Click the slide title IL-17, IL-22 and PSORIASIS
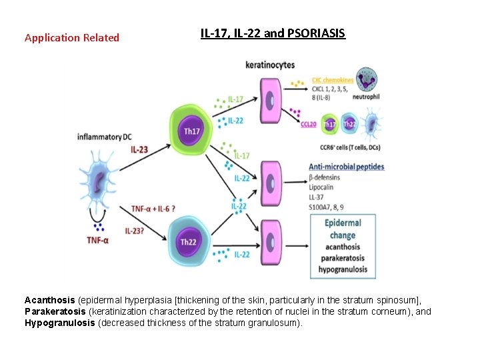pyautogui.click(x=273, y=33)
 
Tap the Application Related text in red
pyautogui.click(x=71, y=38)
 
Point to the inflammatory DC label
pyautogui.click(x=104, y=137)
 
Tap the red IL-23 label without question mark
pyautogui.click(x=139, y=150)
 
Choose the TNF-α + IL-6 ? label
pyautogui.click(x=153, y=209)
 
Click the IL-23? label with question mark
pyautogui.click(x=137, y=231)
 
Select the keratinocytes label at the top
pyautogui.click(x=270, y=65)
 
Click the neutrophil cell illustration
pyautogui.click(x=365, y=79)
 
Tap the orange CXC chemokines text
pyautogui.click(x=333, y=81)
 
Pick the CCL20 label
pyautogui.click(x=309, y=124)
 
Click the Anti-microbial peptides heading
pyautogui.click(x=347, y=166)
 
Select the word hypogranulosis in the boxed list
pyautogui.click(x=343, y=269)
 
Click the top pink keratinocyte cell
pyautogui.click(x=270, y=99)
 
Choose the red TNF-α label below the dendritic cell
pyautogui.click(x=97, y=240)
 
